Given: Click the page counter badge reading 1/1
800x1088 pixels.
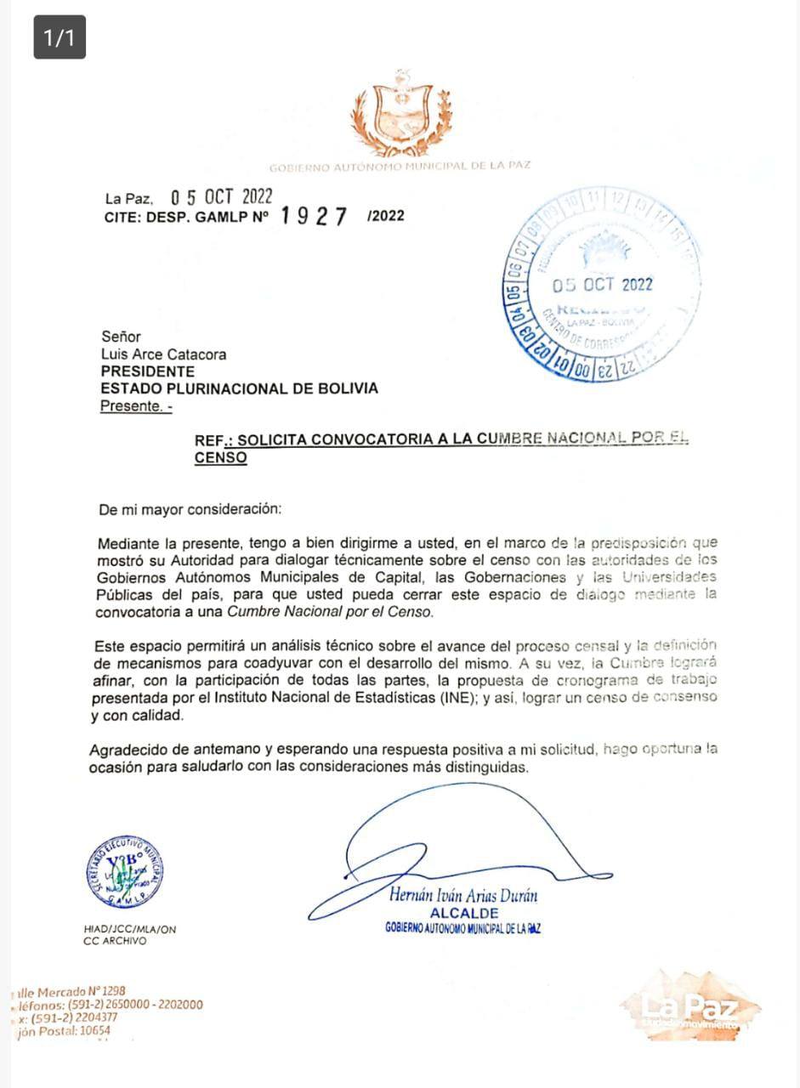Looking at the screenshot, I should (x=60, y=37).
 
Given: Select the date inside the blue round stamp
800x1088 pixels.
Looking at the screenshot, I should (x=603, y=284).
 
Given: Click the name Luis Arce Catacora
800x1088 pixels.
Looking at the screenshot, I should (x=163, y=354).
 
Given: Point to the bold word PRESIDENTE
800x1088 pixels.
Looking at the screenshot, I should (x=147, y=371).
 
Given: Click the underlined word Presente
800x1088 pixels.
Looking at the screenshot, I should (x=133, y=406).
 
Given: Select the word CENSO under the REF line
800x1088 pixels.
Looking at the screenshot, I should (x=220, y=458).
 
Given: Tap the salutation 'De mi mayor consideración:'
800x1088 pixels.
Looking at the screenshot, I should (x=189, y=510).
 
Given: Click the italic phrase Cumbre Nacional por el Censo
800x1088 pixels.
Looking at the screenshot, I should (x=355, y=612).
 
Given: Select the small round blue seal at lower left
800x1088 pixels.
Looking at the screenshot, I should (x=125, y=874).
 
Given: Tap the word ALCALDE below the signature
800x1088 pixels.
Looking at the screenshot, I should (x=464, y=913).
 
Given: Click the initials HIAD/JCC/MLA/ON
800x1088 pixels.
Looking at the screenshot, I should (x=124, y=929).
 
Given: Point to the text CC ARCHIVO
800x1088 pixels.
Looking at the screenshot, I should (x=115, y=941).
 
